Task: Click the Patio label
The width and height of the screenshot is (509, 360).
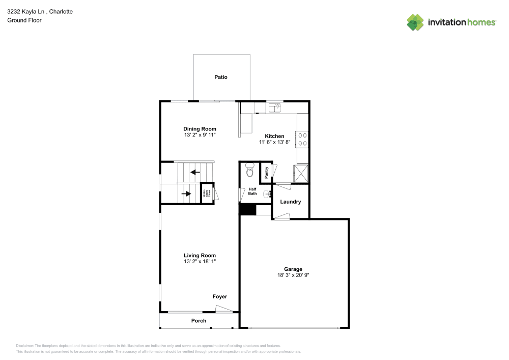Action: coord(220,77)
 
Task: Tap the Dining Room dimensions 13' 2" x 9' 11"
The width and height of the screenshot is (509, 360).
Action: coord(200,136)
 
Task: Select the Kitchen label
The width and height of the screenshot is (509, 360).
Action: coord(274,136)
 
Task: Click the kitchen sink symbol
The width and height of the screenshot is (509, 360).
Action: coord(275,107)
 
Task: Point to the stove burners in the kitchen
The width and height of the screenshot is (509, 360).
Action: coord(302,139)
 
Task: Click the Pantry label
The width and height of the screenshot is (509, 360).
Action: coord(266,172)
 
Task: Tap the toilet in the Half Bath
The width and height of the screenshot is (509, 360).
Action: coord(249,171)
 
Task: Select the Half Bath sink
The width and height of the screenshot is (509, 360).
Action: coord(267,193)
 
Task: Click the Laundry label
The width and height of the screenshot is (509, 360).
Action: coord(291,202)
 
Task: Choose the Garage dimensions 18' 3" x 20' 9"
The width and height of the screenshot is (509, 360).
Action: coord(293,275)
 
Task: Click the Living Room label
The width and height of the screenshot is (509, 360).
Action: coord(200,256)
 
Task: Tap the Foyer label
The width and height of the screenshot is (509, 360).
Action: coord(220,296)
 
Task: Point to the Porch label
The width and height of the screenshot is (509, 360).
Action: coord(199,321)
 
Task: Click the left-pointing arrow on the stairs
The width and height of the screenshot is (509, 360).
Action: coord(195,172)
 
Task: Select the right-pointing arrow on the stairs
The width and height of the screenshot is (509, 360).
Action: coord(186,193)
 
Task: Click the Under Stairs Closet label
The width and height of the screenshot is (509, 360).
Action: coord(207,193)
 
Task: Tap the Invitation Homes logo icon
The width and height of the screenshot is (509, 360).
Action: coord(415,22)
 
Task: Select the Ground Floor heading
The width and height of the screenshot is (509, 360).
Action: coord(24,20)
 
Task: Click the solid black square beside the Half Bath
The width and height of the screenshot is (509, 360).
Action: coord(247,209)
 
